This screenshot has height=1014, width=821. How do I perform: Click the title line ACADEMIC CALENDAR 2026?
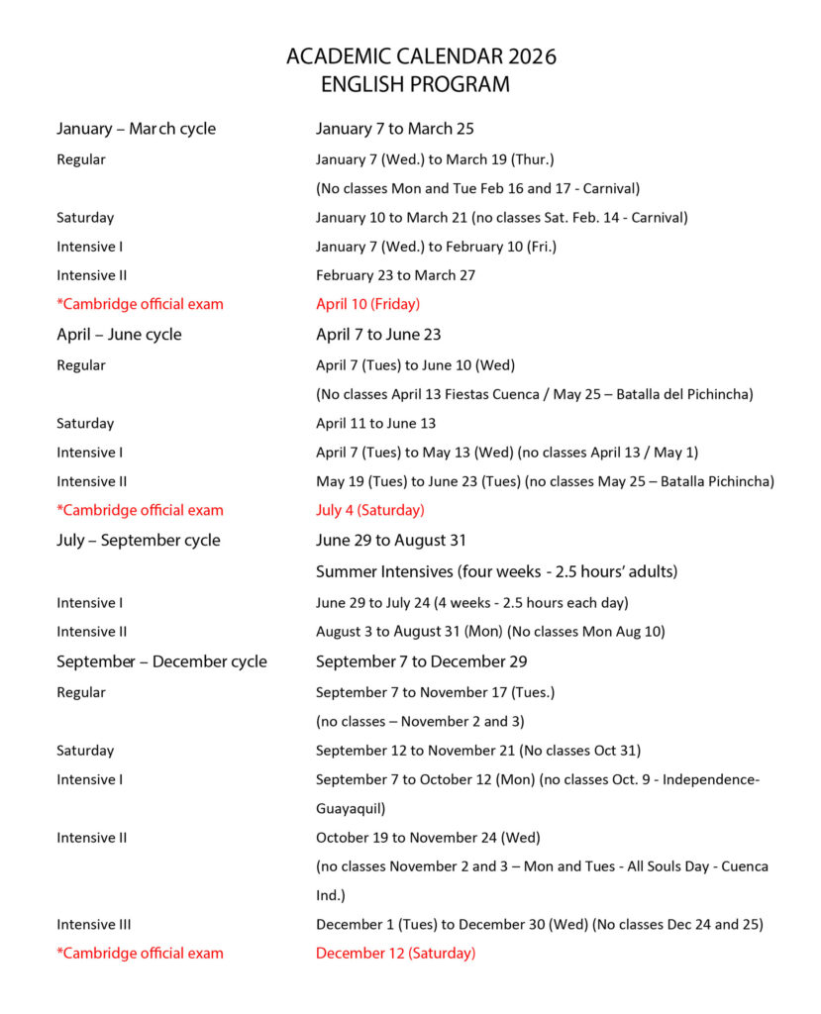(x=421, y=56)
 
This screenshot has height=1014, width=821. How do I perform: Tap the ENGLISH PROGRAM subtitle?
(x=415, y=85)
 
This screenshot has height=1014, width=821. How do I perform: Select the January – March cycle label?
(x=136, y=129)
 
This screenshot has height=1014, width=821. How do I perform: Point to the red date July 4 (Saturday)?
(x=369, y=510)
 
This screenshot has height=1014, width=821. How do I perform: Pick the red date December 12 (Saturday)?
(x=395, y=953)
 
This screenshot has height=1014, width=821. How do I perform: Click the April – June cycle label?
(x=119, y=335)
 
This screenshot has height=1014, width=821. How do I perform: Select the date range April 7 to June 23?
(x=378, y=335)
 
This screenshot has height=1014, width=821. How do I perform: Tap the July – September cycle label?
(x=138, y=541)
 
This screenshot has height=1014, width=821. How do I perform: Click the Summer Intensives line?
(x=496, y=571)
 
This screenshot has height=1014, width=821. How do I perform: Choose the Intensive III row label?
(x=93, y=924)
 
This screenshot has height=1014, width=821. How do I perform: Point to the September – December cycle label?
(x=161, y=661)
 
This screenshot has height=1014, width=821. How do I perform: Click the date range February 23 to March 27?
(x=395, y=275)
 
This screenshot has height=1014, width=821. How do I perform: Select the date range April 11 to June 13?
(x=375, y=423)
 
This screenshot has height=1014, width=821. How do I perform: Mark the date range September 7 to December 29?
(x=421, y=661)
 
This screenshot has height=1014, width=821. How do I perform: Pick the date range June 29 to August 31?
(x=390, y=541)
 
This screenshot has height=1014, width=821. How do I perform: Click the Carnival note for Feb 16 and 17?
(x=477, y=188)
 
